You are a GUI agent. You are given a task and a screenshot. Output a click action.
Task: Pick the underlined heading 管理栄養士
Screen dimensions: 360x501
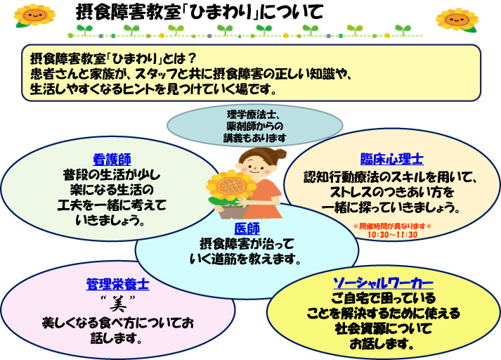[x=117, y=285]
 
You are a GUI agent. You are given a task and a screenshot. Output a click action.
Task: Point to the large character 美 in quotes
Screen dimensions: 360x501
[x=117, y=304]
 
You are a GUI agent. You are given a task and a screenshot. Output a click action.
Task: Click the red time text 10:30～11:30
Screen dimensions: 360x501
[x=392, y=234]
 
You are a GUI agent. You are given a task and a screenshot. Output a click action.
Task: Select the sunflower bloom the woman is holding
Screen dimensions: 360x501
[x=228, y=186]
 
